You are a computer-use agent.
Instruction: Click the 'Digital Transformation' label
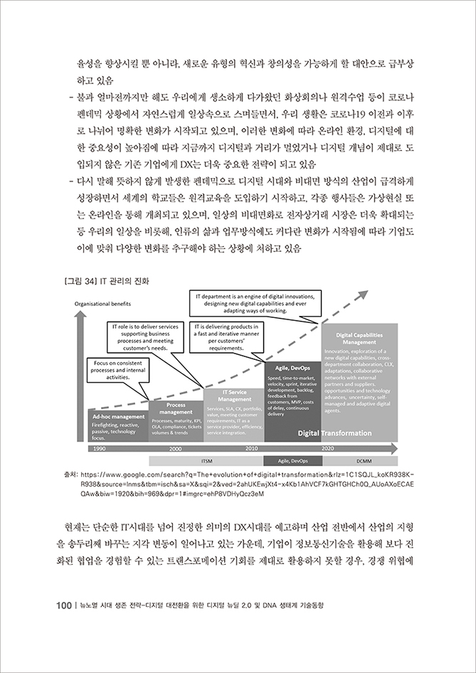click(x=334, y=432)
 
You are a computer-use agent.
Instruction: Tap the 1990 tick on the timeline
click(x=99, y=449)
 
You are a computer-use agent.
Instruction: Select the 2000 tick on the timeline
click(x=175, y=449)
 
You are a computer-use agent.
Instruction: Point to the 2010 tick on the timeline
click(x=251, y=449)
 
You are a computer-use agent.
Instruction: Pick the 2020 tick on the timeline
click(x=327, y=449)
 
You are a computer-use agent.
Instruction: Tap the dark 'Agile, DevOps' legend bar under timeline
click(x=293, y=461)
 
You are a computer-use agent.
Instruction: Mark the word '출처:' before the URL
click(x=70, y=473)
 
